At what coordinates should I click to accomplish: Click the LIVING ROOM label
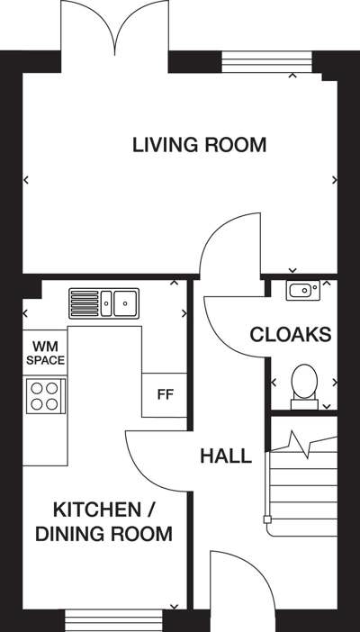199,145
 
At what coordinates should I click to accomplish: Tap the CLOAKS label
291,335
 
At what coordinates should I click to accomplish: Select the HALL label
226,456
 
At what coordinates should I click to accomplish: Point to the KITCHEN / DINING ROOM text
104,522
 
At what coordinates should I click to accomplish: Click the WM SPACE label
45,353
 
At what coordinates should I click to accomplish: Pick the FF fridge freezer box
165,395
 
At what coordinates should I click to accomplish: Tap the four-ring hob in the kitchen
45,396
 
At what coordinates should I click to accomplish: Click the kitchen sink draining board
85,303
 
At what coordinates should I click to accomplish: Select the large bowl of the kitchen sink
125,303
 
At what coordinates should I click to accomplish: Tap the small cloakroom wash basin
303,291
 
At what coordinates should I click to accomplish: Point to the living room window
267,61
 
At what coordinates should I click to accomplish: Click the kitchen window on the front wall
113,620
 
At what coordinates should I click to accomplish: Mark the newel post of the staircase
267,519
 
